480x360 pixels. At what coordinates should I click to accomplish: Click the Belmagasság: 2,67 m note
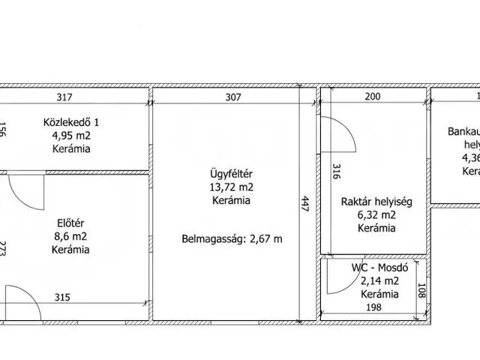coord(231,240)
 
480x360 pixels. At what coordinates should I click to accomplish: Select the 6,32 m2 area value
coord(376,214)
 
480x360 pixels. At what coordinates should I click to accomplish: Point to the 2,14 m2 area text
coord(379,281)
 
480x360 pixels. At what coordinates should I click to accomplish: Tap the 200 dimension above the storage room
coord(372,96)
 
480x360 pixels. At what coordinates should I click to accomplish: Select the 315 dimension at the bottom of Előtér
coord(63,297)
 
